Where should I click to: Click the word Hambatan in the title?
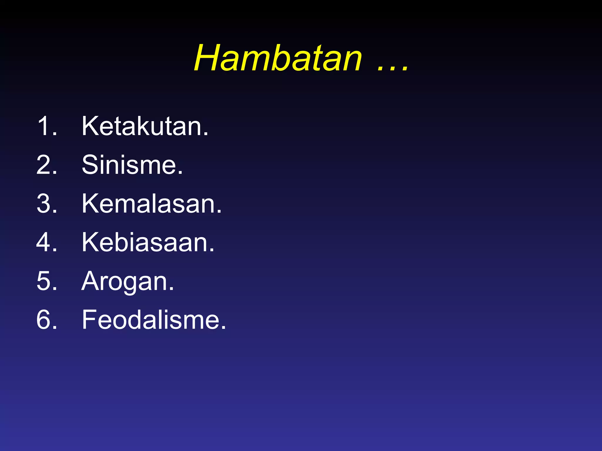coord(278,58)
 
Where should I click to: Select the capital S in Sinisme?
coord(90,165)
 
